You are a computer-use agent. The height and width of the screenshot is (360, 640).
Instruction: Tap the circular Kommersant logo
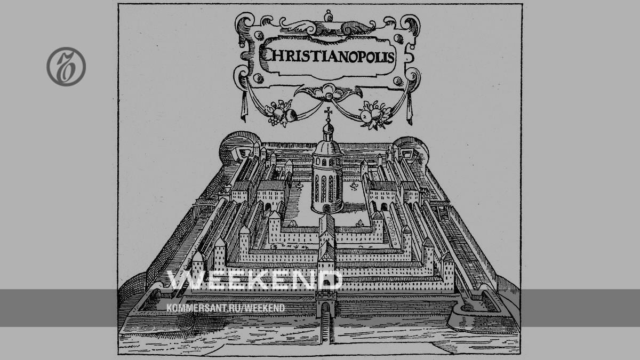click(66, 67)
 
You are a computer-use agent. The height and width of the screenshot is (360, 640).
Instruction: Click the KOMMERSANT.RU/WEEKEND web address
click(226, 308)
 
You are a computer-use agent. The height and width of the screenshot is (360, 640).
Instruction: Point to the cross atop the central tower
click(328, 113)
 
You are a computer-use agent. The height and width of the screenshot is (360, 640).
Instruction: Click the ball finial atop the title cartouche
click(328, 15)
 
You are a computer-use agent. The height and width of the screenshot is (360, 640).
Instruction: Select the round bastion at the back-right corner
click(412, 148)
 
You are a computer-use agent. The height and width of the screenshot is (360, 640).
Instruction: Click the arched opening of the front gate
click(325, 308)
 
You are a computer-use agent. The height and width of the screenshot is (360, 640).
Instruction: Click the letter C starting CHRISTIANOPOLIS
click(264, 54)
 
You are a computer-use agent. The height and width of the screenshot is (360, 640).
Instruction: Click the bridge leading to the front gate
click(325, 331)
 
